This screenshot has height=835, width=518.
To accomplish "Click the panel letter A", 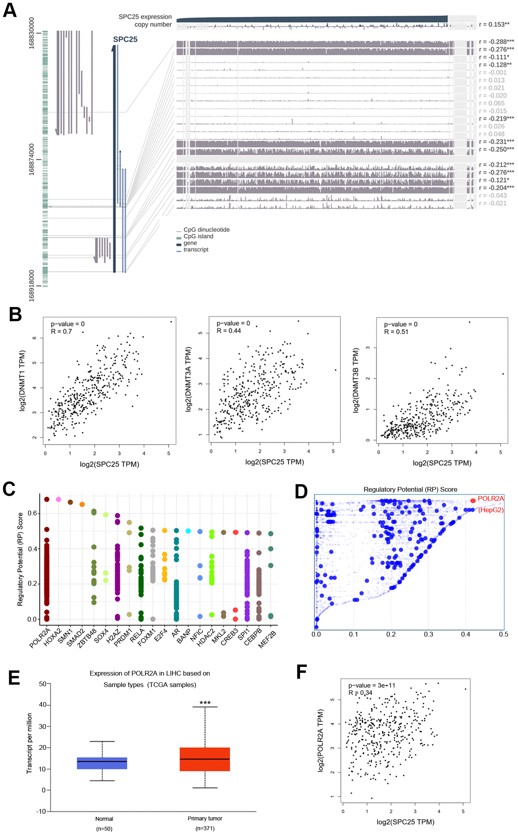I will click(x=10, y=10).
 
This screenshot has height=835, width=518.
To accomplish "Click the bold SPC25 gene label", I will click(x=125, y=39).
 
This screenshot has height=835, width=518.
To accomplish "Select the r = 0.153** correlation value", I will click(x=494, y=24).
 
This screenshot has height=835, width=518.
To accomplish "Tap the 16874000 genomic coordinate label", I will click(x=32, y=159).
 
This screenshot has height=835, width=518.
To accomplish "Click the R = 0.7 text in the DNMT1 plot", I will click(x=62, y=331).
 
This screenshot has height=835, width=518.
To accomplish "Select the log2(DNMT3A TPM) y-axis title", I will click(x=188, y=380).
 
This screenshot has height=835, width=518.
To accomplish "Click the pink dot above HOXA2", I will click(x=58, y=500).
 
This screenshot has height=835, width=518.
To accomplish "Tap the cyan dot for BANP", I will click(x=188, y=531).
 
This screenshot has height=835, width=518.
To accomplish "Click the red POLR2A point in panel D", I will click(x=473, y=501).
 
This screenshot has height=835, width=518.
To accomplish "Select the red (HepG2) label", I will click(x=491, y=510).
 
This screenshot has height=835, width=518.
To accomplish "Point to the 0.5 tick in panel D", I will click(x=503, y=635).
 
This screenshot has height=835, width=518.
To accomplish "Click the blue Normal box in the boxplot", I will click(x=102, y=763).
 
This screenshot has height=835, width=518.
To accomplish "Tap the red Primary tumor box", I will click(x=205, y=759).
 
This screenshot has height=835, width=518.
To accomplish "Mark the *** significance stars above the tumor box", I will click(x=205, y=703).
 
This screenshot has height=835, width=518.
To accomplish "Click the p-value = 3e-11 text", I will click(x=372, y=685).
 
